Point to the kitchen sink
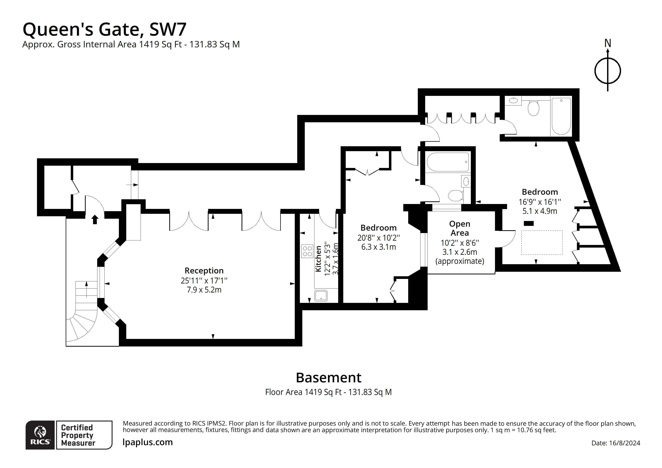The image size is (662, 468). tap(321, 296)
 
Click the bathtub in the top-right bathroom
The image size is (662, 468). tap(561, 116)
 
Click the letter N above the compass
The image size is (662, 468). tap(607, 43)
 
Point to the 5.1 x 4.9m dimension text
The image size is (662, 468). tap(540, 211)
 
